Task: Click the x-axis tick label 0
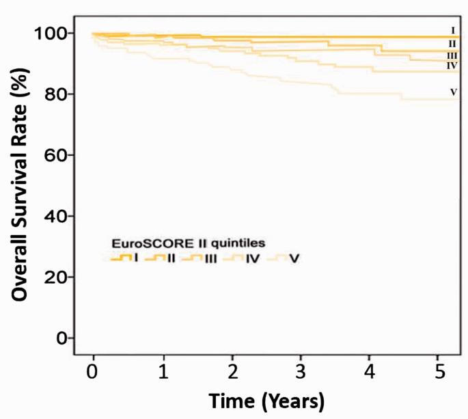tap(93, 374)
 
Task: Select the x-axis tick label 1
tap(163, 374)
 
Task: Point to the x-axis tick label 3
tap(301, 374)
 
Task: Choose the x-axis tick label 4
tap(370, 374)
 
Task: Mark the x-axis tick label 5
tap(439, 374)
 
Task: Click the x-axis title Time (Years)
tap(266, 400)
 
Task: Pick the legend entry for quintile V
tap(284, 258)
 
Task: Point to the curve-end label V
tap(453, 92)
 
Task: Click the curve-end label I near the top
tap(452, 30)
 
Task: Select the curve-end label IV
tap(452, 65)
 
